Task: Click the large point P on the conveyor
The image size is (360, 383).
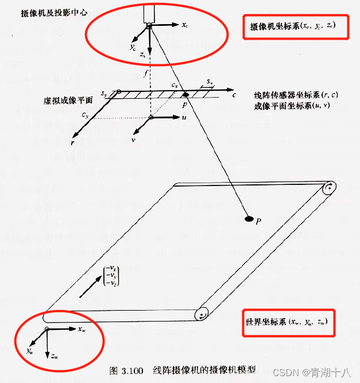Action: click(x=249, y=219)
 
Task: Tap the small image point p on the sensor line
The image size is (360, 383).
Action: click(x=185, y=94)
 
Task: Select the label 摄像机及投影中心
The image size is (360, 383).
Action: click(x=54, y=13)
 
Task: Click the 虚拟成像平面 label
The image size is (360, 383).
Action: click(x=68, y=100)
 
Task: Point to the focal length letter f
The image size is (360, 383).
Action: click(x=146, y=73)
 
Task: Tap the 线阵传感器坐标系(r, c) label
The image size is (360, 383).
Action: click(x=296, y=95)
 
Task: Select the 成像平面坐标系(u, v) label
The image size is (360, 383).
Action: click(x=292, y=106)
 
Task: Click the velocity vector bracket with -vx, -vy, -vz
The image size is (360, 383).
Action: click(x=111, y=276)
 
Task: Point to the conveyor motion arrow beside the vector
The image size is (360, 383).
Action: click(x=91, y=287)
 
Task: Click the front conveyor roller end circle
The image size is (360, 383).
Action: click(x=202, y=314)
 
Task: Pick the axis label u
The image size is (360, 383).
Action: click(x=184, y=117)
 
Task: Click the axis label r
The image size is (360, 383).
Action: click(x=72, y=143)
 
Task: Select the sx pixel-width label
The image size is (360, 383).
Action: click(x=210, y=82)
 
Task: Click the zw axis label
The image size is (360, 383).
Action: click(x=55, y=356)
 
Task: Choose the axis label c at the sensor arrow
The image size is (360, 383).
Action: click(x=234, y=95)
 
